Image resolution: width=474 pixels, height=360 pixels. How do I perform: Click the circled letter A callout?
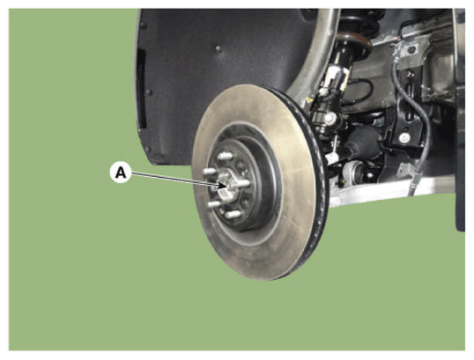(121, 173)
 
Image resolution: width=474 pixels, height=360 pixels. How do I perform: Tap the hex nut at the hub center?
(226, 185)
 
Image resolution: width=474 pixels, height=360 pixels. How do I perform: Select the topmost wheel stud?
(226, 156)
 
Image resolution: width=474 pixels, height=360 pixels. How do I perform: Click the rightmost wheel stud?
(244, 183)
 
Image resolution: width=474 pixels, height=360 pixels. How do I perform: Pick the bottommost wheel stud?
(233, 215)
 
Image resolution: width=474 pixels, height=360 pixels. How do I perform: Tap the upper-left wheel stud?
(210, 172)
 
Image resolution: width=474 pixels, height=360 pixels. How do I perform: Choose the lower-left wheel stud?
(214, 204)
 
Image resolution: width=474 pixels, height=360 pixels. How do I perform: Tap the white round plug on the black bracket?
(404, 137)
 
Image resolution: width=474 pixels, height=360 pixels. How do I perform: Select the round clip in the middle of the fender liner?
(218, 49)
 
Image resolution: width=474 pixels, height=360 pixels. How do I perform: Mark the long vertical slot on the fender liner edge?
(141, 88)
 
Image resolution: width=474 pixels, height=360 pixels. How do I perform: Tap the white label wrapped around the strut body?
(337, 76)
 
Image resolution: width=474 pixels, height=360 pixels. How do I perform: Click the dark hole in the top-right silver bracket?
(411, 49)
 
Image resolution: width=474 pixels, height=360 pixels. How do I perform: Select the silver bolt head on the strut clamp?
(330, 117)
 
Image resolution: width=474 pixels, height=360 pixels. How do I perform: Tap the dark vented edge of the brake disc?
(318, 169)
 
